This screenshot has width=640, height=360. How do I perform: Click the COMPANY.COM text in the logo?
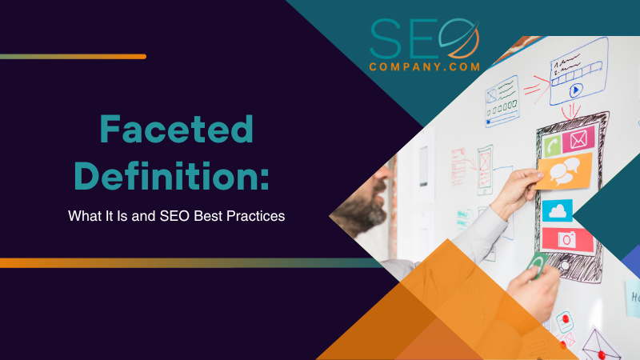click(425, 66)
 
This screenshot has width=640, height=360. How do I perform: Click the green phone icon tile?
click(551, 145)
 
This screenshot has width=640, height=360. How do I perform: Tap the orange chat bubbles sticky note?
click(565, 170)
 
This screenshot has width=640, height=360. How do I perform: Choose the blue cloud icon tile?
click(558, 210)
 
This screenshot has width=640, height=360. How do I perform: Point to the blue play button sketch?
click(575, 91)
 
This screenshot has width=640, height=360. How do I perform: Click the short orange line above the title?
click(73, 57)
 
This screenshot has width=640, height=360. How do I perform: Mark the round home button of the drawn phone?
click(565, 265)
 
